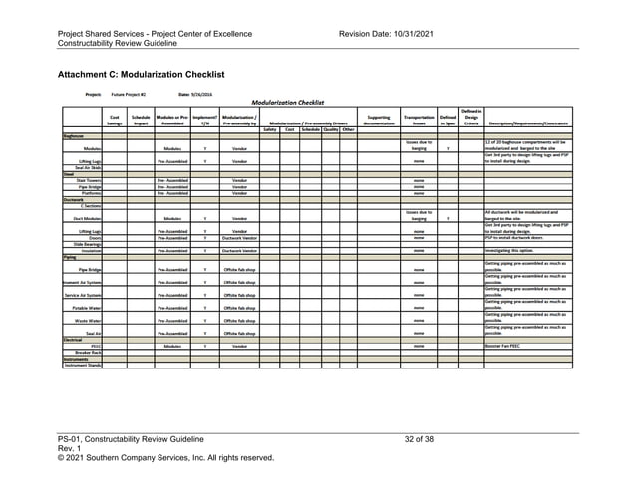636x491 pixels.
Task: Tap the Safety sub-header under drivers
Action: pos(269,128)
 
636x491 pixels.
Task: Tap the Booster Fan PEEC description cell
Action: pos(504,346)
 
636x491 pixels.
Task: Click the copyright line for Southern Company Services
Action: pos(165,458)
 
